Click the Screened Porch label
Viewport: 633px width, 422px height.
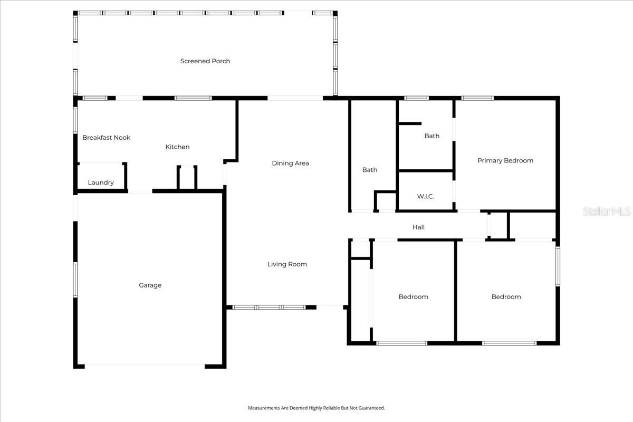[x=205, y=61]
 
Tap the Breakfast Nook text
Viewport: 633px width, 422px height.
[x=106, y=138]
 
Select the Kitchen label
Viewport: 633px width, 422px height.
[x=177, y=147]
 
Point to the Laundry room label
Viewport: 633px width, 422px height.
[x=101, y=183]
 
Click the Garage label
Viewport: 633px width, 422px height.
[x=150, y=285]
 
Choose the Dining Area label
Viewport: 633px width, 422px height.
[x=290, y=164]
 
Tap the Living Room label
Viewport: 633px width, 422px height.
[x=287, y=264]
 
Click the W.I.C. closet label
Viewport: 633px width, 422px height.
[x=425, y=197]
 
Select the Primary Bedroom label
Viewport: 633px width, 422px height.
[x=505, y=161]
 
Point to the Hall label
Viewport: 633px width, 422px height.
[x=418, y=227]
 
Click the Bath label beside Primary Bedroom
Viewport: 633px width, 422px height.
[x=431, y=136]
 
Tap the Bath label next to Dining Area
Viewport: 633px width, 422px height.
[x=369, y=170]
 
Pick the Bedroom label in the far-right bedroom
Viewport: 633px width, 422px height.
[x=506, y=297]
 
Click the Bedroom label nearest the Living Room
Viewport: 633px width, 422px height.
[x=413, y=297]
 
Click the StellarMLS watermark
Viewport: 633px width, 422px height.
[x=606, y=212]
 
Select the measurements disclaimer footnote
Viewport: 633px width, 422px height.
[x=316, y=408]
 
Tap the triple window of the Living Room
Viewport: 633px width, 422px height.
[x=269, y=307]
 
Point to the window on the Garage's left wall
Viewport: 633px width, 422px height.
[x=75, y=280]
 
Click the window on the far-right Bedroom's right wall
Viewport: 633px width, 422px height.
[x=558, y=266]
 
